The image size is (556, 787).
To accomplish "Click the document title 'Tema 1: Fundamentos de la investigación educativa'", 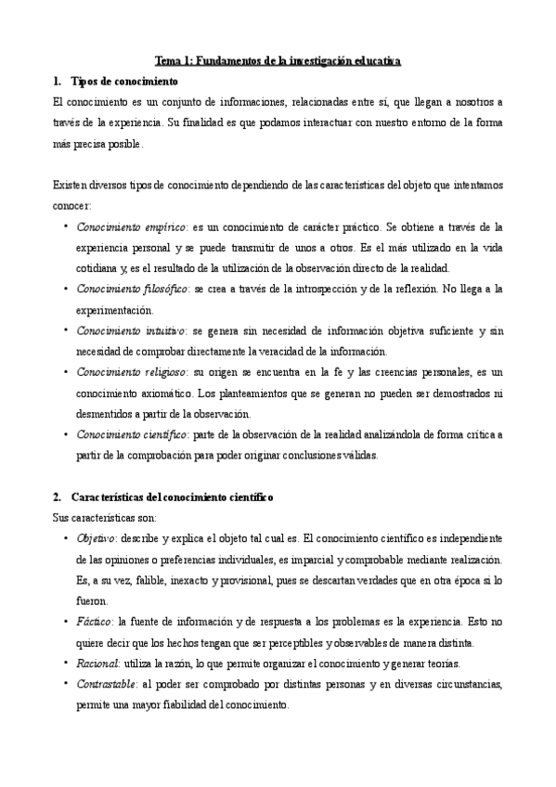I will pos(278,60).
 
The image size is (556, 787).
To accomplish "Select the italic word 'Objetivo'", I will pos(97,538).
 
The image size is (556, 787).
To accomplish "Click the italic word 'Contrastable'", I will pos(108,684).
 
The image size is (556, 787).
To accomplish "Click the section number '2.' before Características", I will pos(58,497).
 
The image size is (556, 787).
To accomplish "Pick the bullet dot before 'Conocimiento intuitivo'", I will pos(65,329).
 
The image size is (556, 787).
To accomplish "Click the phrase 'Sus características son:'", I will pos(105,517).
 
